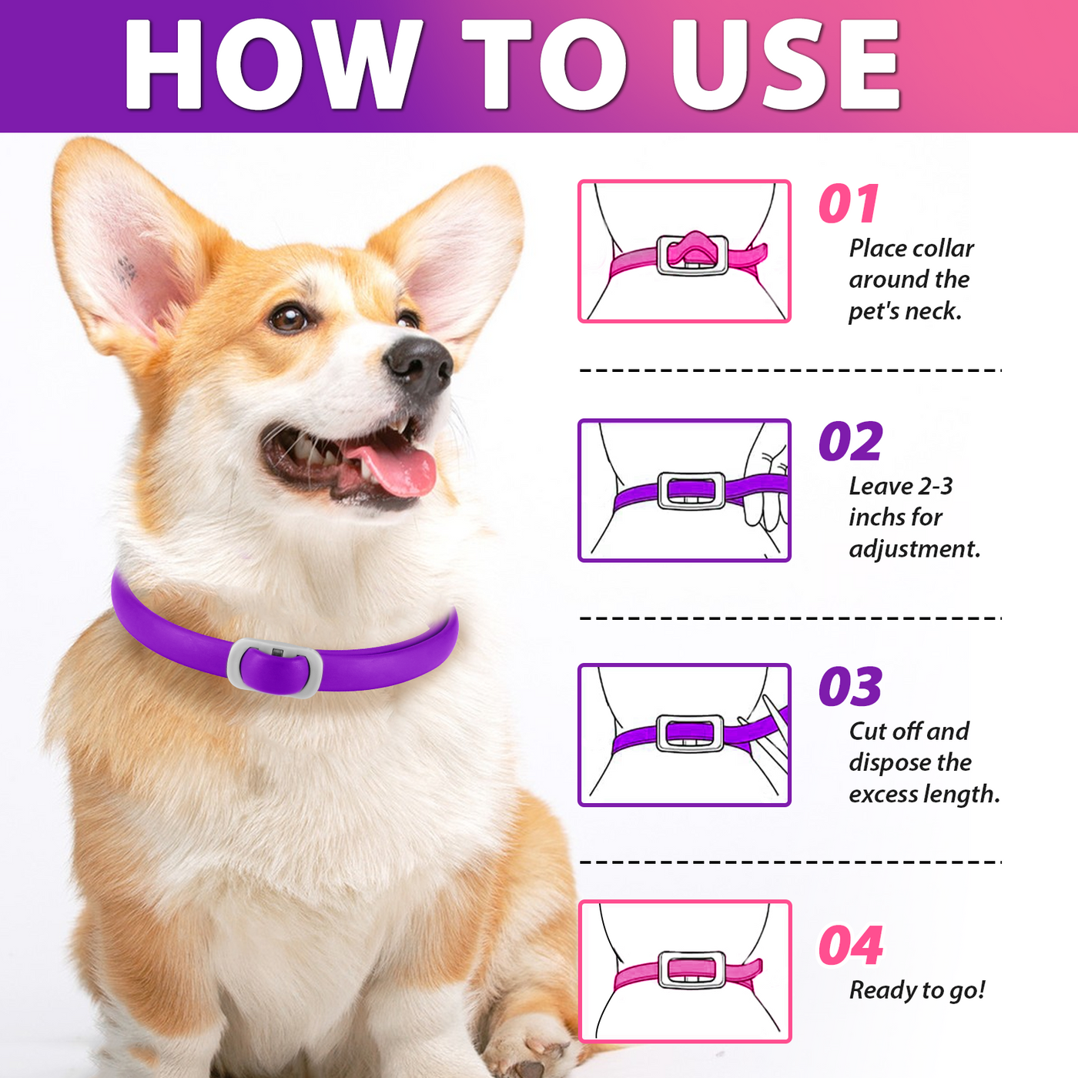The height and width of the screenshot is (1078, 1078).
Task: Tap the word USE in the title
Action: click(x=785, y=65)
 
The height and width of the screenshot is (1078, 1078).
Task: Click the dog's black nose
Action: click(x=420, y=366)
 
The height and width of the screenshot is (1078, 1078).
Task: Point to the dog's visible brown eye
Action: click(x=289, y=317)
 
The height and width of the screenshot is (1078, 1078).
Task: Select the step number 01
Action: click(x=849, y=205)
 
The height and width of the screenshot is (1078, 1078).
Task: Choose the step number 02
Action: click(x=850, y=442)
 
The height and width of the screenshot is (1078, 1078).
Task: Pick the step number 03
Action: click(x=850, y=687)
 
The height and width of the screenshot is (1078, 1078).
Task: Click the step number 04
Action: click(x=850, y=946)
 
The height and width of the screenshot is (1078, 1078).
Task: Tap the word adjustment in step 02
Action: click(x=915, y=549)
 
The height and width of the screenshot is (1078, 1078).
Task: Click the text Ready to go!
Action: click(x=916, y=990)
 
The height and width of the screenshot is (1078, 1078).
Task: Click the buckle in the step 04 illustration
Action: click(x=691, y=969)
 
